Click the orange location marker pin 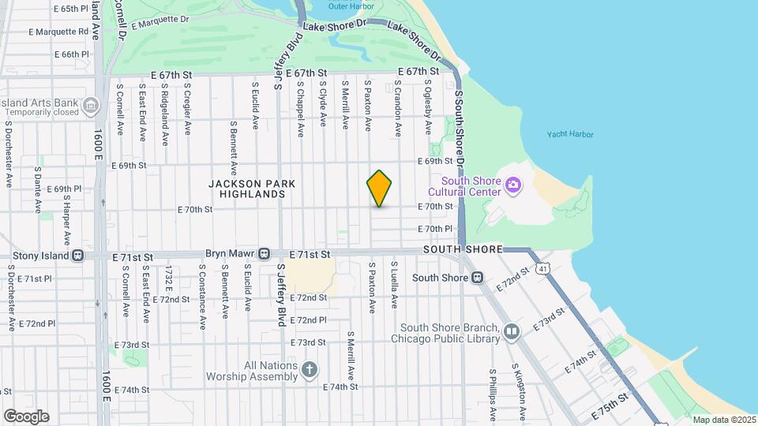coord(380,188)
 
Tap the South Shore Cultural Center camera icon coord(514,185)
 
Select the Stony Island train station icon coord(77,256)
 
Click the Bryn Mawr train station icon coord(265,255)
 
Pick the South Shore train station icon coord(477,277)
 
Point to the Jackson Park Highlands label coord(252,189)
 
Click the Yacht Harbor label coord(570,134)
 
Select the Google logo coord(26,416)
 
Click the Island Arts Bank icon coord(91,104)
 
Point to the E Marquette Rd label coord(59,32)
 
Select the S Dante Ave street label coord(37,189)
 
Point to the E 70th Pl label coord(435,229)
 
